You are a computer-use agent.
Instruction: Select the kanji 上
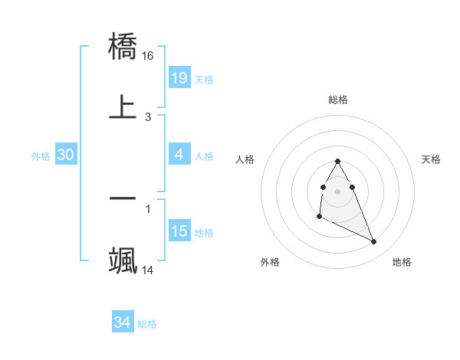(x=123, y=106)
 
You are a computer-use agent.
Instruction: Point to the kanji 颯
(x=123, y=258)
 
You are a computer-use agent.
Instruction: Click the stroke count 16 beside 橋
(x=148, y=56)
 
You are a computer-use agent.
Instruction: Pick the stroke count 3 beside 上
(x=147, y=117)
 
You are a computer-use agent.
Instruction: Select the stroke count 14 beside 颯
(x=148, y=270)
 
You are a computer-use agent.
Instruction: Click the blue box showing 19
(x=179, y=77)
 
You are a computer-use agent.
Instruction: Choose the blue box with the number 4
(x=179, y=155)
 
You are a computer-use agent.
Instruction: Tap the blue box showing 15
(x=179, y=231)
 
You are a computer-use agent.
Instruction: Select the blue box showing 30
(x=66, y=155)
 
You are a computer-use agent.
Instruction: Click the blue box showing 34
(x=123, y=323)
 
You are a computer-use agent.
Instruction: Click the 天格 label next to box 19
(x=204, y=80)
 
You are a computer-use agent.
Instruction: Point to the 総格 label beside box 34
(x=147, y=325)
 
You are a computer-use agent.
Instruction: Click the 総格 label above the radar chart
(x=338, y=100)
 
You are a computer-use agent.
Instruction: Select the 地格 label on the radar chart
(x=402, y=262)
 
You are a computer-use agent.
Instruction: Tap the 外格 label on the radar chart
(x=270, y=262)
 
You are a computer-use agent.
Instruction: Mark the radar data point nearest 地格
(x=374, y=242)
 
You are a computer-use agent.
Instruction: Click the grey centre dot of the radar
(x=337, y=190)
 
